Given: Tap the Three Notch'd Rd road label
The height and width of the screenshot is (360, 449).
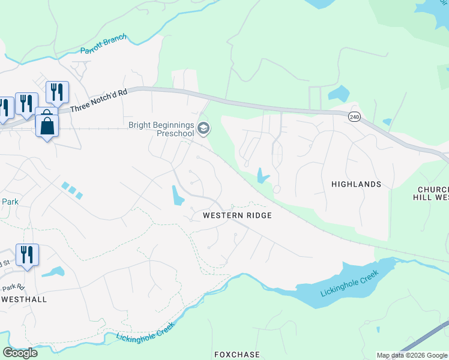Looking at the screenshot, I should [x=98, y=101].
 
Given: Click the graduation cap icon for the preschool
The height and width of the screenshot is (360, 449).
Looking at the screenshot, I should [x=203, y=128].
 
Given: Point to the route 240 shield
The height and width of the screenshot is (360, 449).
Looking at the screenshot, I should [x=354, y=117].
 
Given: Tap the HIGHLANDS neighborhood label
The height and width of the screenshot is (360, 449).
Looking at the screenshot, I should [x=356, y=184].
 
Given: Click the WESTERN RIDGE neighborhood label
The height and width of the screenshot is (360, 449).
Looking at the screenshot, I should [x=237, y=215].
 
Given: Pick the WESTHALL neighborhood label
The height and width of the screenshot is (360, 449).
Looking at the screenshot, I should [x=24, y=298].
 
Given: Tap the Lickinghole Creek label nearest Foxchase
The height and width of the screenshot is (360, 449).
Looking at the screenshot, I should [x=145, y=332].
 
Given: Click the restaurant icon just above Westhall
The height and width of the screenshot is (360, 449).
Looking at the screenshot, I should [x=27, y=254].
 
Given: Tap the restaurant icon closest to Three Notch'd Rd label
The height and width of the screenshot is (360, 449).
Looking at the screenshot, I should [x=57, y=92].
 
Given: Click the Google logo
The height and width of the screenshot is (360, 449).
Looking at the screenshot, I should [x=20, y=353].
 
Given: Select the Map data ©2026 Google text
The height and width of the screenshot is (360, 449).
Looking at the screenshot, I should [x=412, y=355].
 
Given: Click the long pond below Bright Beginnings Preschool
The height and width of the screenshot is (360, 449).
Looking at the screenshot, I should [x=178, y=196].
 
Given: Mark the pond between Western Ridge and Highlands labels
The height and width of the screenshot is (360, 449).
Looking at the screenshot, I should [x=262, y=175].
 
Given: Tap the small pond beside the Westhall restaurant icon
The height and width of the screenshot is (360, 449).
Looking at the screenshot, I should [x=53, y=272].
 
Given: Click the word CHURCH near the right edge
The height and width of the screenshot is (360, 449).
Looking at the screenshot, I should [x=433, y=189].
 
